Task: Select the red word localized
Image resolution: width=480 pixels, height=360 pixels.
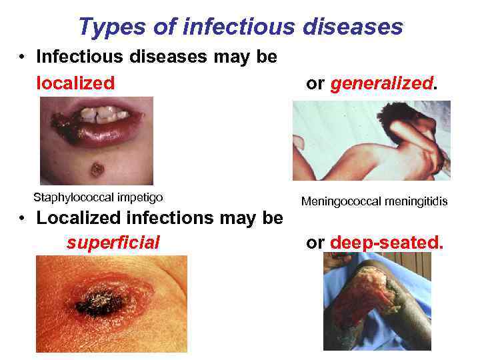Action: [x=75, y=83]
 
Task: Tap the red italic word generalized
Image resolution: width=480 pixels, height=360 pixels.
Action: [x=381, y=83]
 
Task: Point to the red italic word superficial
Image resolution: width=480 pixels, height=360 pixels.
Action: [x=113, y=243]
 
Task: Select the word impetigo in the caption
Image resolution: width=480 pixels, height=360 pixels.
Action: [x=141, y=197]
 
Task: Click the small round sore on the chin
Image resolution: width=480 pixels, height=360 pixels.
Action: [x=97, y=169]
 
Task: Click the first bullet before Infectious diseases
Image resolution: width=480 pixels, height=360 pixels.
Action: [x=22, y=58]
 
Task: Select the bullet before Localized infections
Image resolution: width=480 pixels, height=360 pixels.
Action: [x=22, y=219]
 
